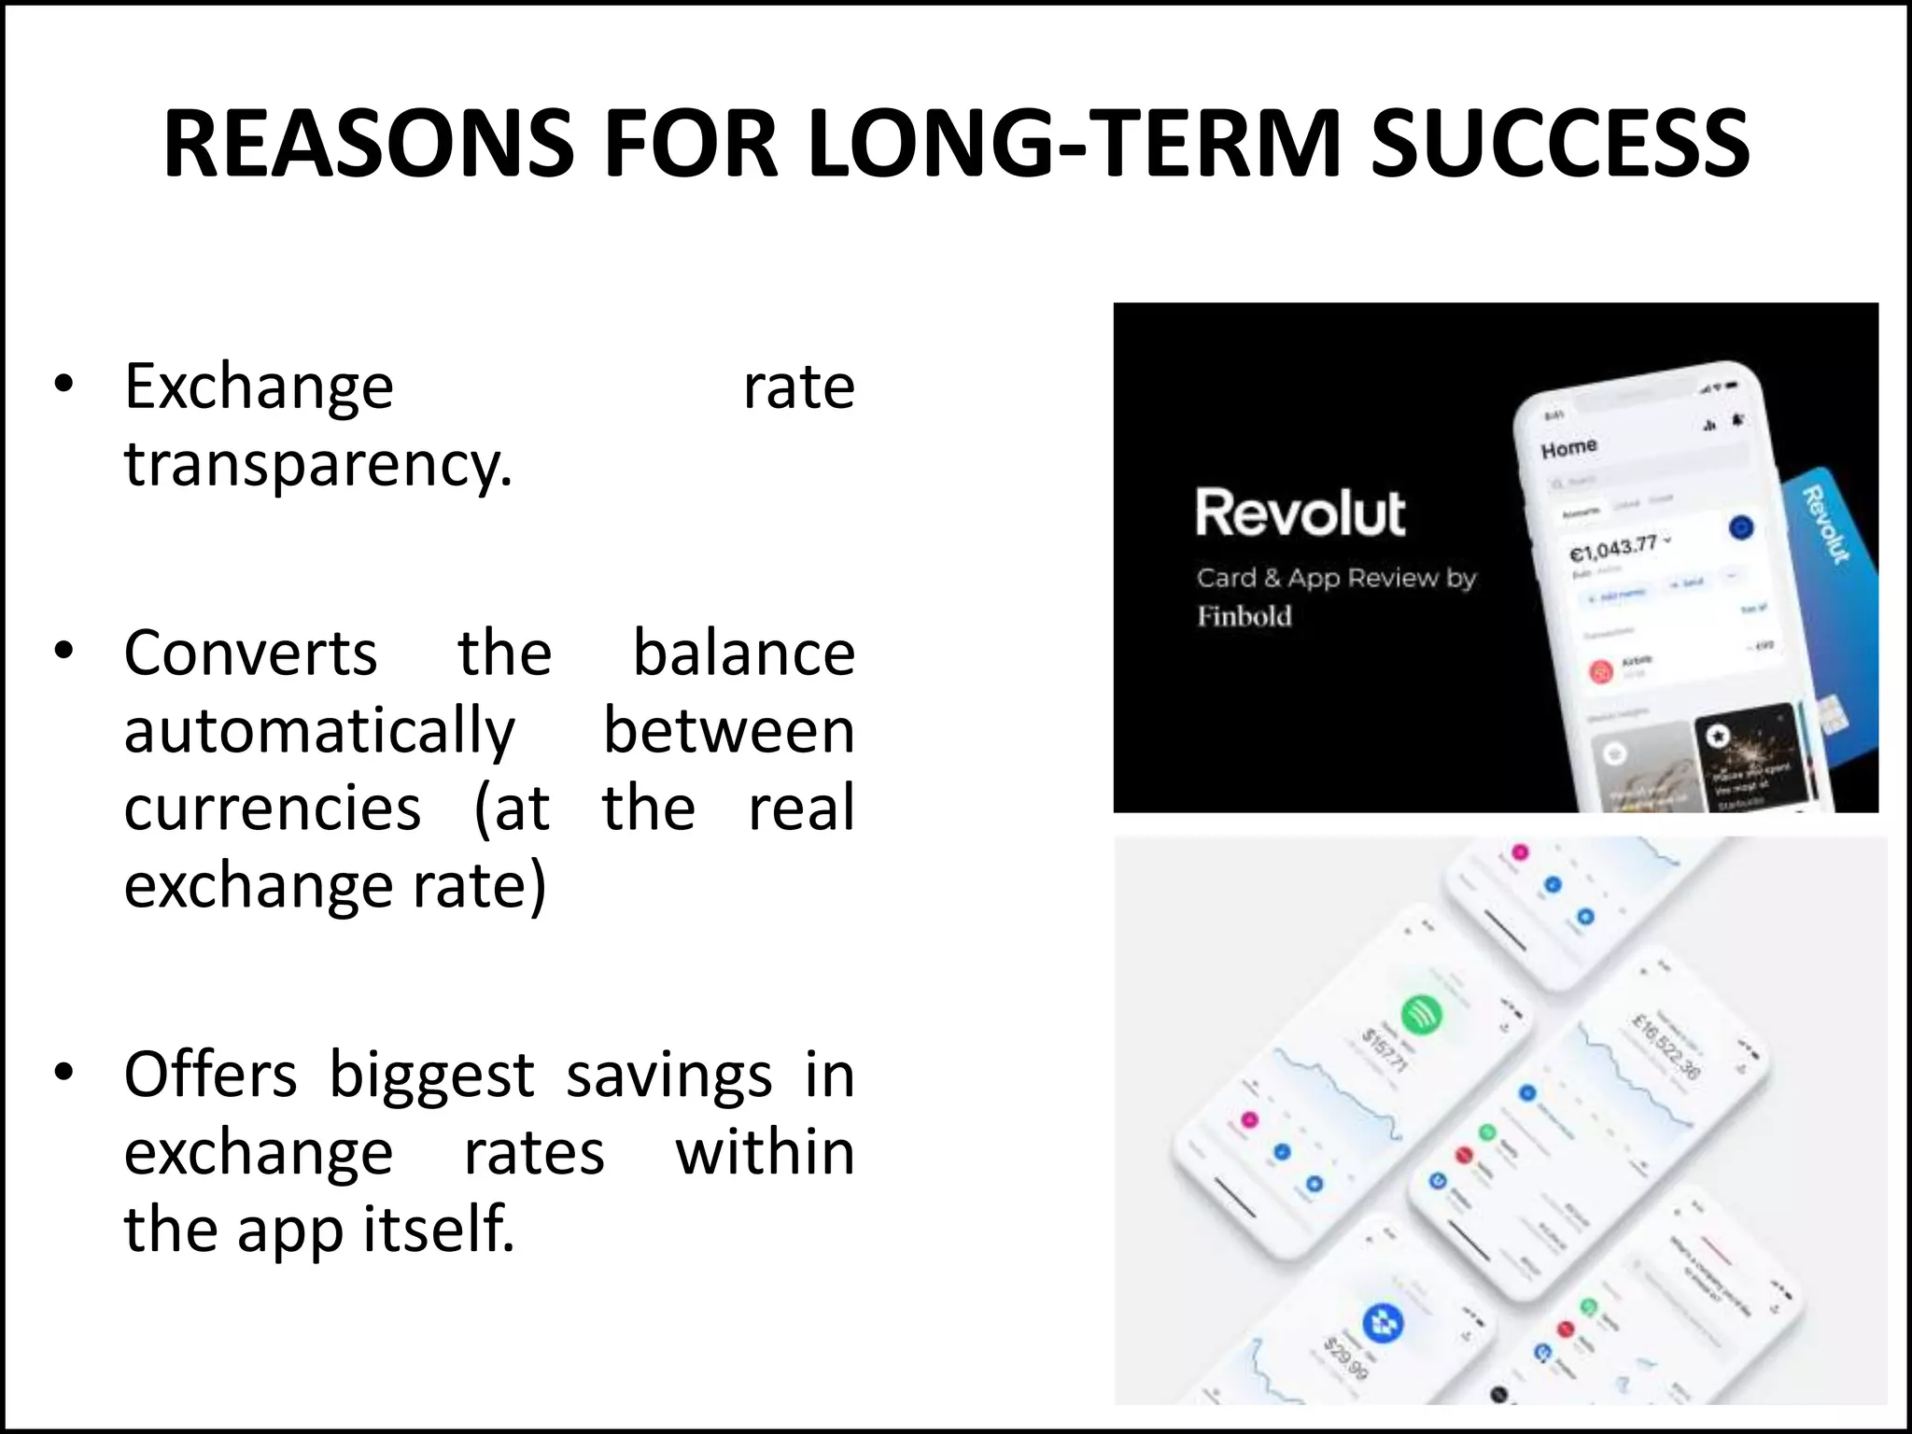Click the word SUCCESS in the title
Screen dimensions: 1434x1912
(1559, 144)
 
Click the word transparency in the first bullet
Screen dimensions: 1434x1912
(317, 465)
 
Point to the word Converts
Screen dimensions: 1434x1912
(250, 653)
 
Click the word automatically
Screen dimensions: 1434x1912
(319, 732)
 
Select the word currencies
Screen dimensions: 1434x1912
(272, 808)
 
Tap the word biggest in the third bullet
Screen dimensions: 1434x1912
(431, 1075)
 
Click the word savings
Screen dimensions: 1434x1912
(668, 1075)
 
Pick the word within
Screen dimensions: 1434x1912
(765, 1152)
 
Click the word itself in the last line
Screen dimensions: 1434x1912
(438, 1229)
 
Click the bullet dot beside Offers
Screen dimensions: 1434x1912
(63, 1073)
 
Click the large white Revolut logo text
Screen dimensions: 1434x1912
(1300, 513)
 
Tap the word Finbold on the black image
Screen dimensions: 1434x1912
(1244, 616)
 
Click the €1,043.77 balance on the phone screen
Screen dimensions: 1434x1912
(1612, 548)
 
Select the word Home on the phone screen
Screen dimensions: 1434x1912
(1568, 449)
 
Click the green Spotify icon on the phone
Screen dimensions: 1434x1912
(1421, 1014)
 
